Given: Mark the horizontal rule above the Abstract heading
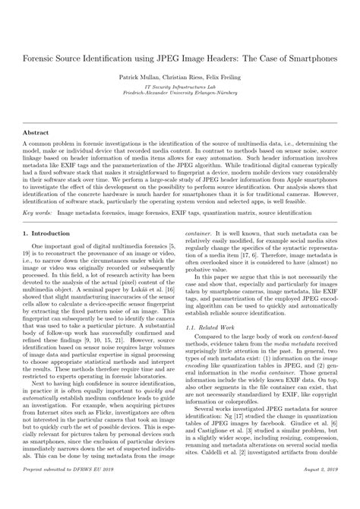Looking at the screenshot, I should [180, 122].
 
